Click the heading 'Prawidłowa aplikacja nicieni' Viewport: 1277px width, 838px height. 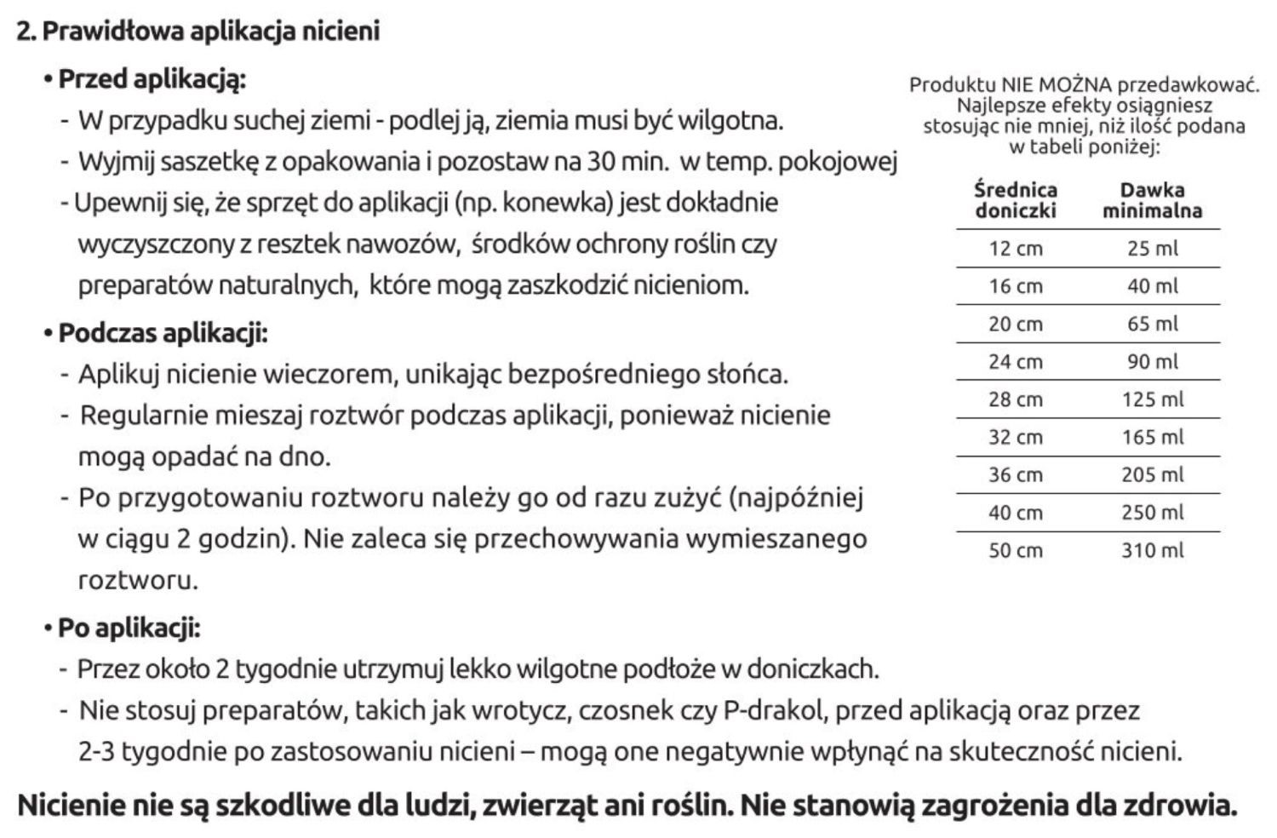pyautogui.click(x=209, y=32)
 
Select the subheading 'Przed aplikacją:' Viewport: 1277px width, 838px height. pyautogui.click(x=152, y=79)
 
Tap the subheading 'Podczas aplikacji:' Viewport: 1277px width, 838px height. pyautogui.click(x=163, y=332)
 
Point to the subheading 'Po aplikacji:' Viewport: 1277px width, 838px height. pyautogui.click(x=129, y=628)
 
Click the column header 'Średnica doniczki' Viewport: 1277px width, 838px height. pyautogui.click(x=1016, y=200)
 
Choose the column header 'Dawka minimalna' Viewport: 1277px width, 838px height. pyautogui.click(x=1152, y=200)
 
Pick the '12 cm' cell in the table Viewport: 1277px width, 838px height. pyautogui.click(x=1016, y=249)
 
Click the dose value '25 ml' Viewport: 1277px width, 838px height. pyautogui.click(x=1152, y=249)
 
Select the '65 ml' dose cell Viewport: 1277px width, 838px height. pyautogui.click(x=1152, y=324)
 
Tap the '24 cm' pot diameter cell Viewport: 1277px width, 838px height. pyautogui.click(x=1016, y=362)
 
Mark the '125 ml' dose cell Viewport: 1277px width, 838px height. pyautogui.click(x=1152, y=399)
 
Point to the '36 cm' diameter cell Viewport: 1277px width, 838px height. pyautogui.click(x=1016, y=474)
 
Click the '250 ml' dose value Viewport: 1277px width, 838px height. pyautogui.click(x=1152, y=513)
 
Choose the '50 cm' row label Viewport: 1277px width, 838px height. pyautogui.click(x=1016, y=550)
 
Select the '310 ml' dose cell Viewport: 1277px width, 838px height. pyautogui.click(x=1152, y=550)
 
